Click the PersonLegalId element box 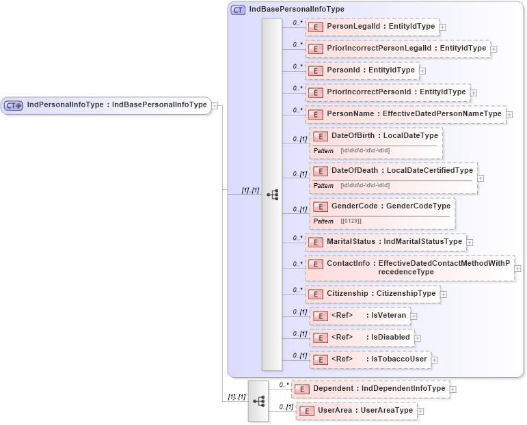[372, 27]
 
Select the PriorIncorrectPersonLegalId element [398, 49]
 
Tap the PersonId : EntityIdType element [362, 70]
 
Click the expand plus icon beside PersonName [509, 115]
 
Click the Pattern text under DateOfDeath [323, 186]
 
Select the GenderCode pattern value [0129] [351, 221]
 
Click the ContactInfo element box [409, 267]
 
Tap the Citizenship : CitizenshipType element [373, 294]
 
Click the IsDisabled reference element [361, 337]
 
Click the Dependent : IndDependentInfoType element [370, 389]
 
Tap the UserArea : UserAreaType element [356, 411]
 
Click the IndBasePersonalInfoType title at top [296, 9]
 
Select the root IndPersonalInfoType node [106, 105]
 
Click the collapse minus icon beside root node [215, 105]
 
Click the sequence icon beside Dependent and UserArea [258, 400]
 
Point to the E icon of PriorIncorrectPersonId [316, 92]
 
